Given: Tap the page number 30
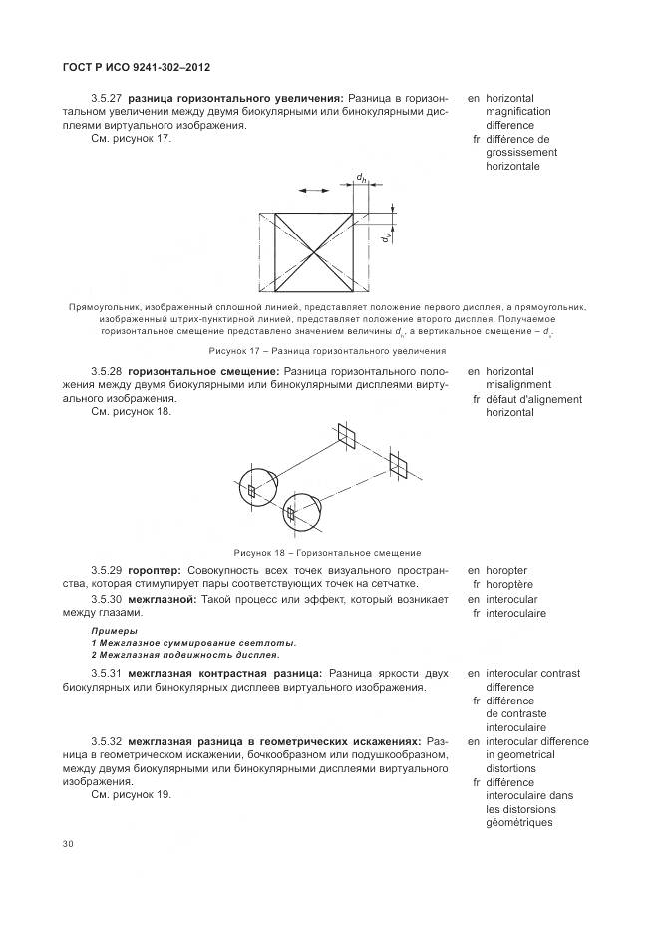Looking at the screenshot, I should click(x=68, y=844).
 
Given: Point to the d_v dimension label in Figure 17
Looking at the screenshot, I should click(x=384, y=236).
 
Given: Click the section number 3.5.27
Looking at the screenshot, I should click(x=106, y=98).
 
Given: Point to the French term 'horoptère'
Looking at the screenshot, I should click(x=512, y=583).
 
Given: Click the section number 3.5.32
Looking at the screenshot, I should click(x=106, y=742).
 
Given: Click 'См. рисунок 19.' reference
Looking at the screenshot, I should click(x=132, y=794).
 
